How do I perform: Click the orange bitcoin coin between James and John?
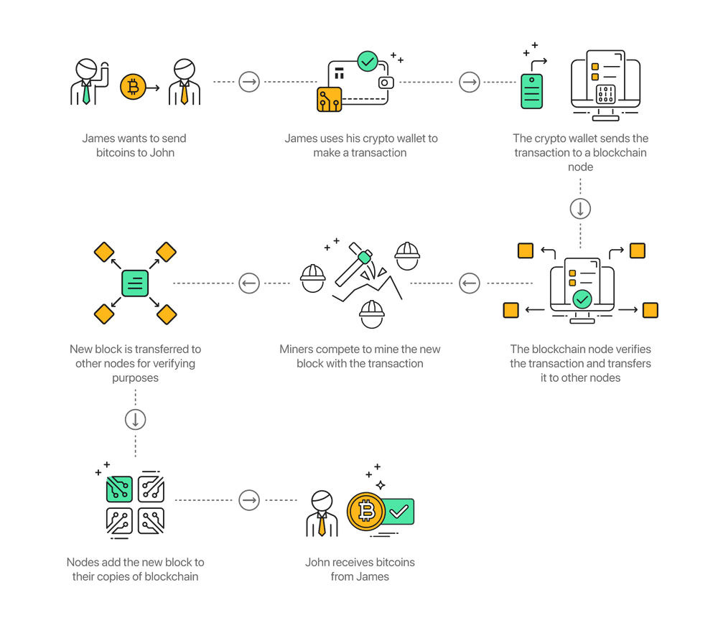(133, 87)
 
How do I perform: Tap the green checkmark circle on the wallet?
(367, 61)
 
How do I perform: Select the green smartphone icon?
(531, 92)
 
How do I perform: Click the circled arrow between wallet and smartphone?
(470, 83)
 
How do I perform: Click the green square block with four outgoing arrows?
(135, 283)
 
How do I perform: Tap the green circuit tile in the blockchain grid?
(119, 489)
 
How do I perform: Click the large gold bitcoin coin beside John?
(366, 511)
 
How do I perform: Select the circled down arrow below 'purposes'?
(136, 420)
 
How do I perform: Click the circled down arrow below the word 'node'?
(580, 209)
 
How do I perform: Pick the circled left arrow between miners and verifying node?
(470, 283)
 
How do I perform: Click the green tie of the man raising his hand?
(86, 93)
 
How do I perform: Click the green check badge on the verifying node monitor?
(582, 299)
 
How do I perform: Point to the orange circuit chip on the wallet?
(330, 99)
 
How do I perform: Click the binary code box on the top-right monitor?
(605, 94)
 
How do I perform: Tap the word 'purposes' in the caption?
(136, 378)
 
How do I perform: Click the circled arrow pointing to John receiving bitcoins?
(249, 499)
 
